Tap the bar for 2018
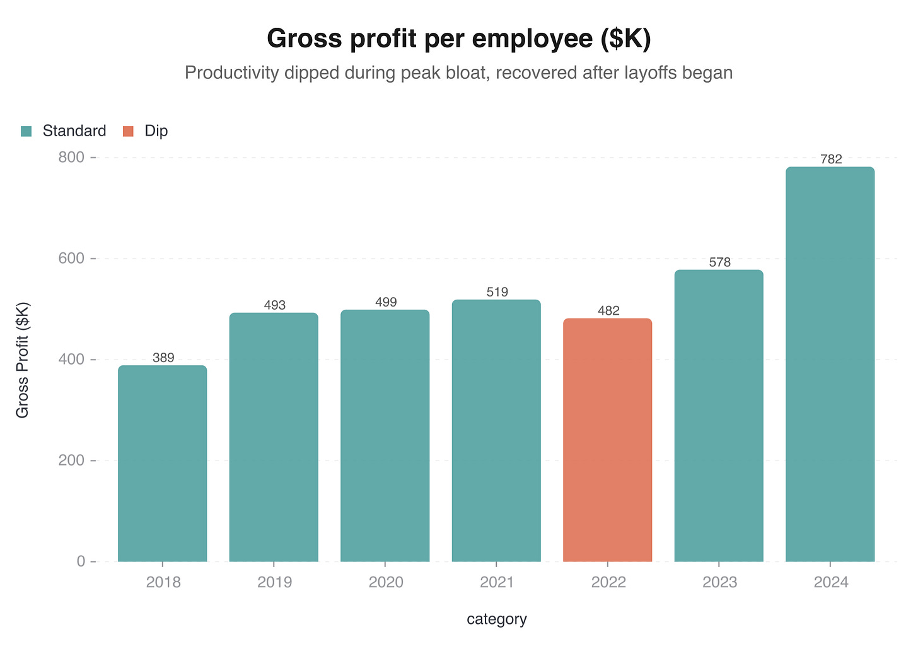[163, 464]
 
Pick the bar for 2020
[385, 436]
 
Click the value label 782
[831, 159]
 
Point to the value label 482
[608, 310]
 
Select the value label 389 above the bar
[163, 358]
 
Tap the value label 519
[497, 292]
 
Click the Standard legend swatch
[26, 131]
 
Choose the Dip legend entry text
[156, 131]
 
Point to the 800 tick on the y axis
[72, 157]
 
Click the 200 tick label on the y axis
[72, 460]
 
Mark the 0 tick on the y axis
[81, 561]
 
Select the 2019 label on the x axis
[274, 582]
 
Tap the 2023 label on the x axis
[719, 582]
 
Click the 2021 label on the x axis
[497, 582]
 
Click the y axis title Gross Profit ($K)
[23, 360]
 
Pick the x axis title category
[497, 619]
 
